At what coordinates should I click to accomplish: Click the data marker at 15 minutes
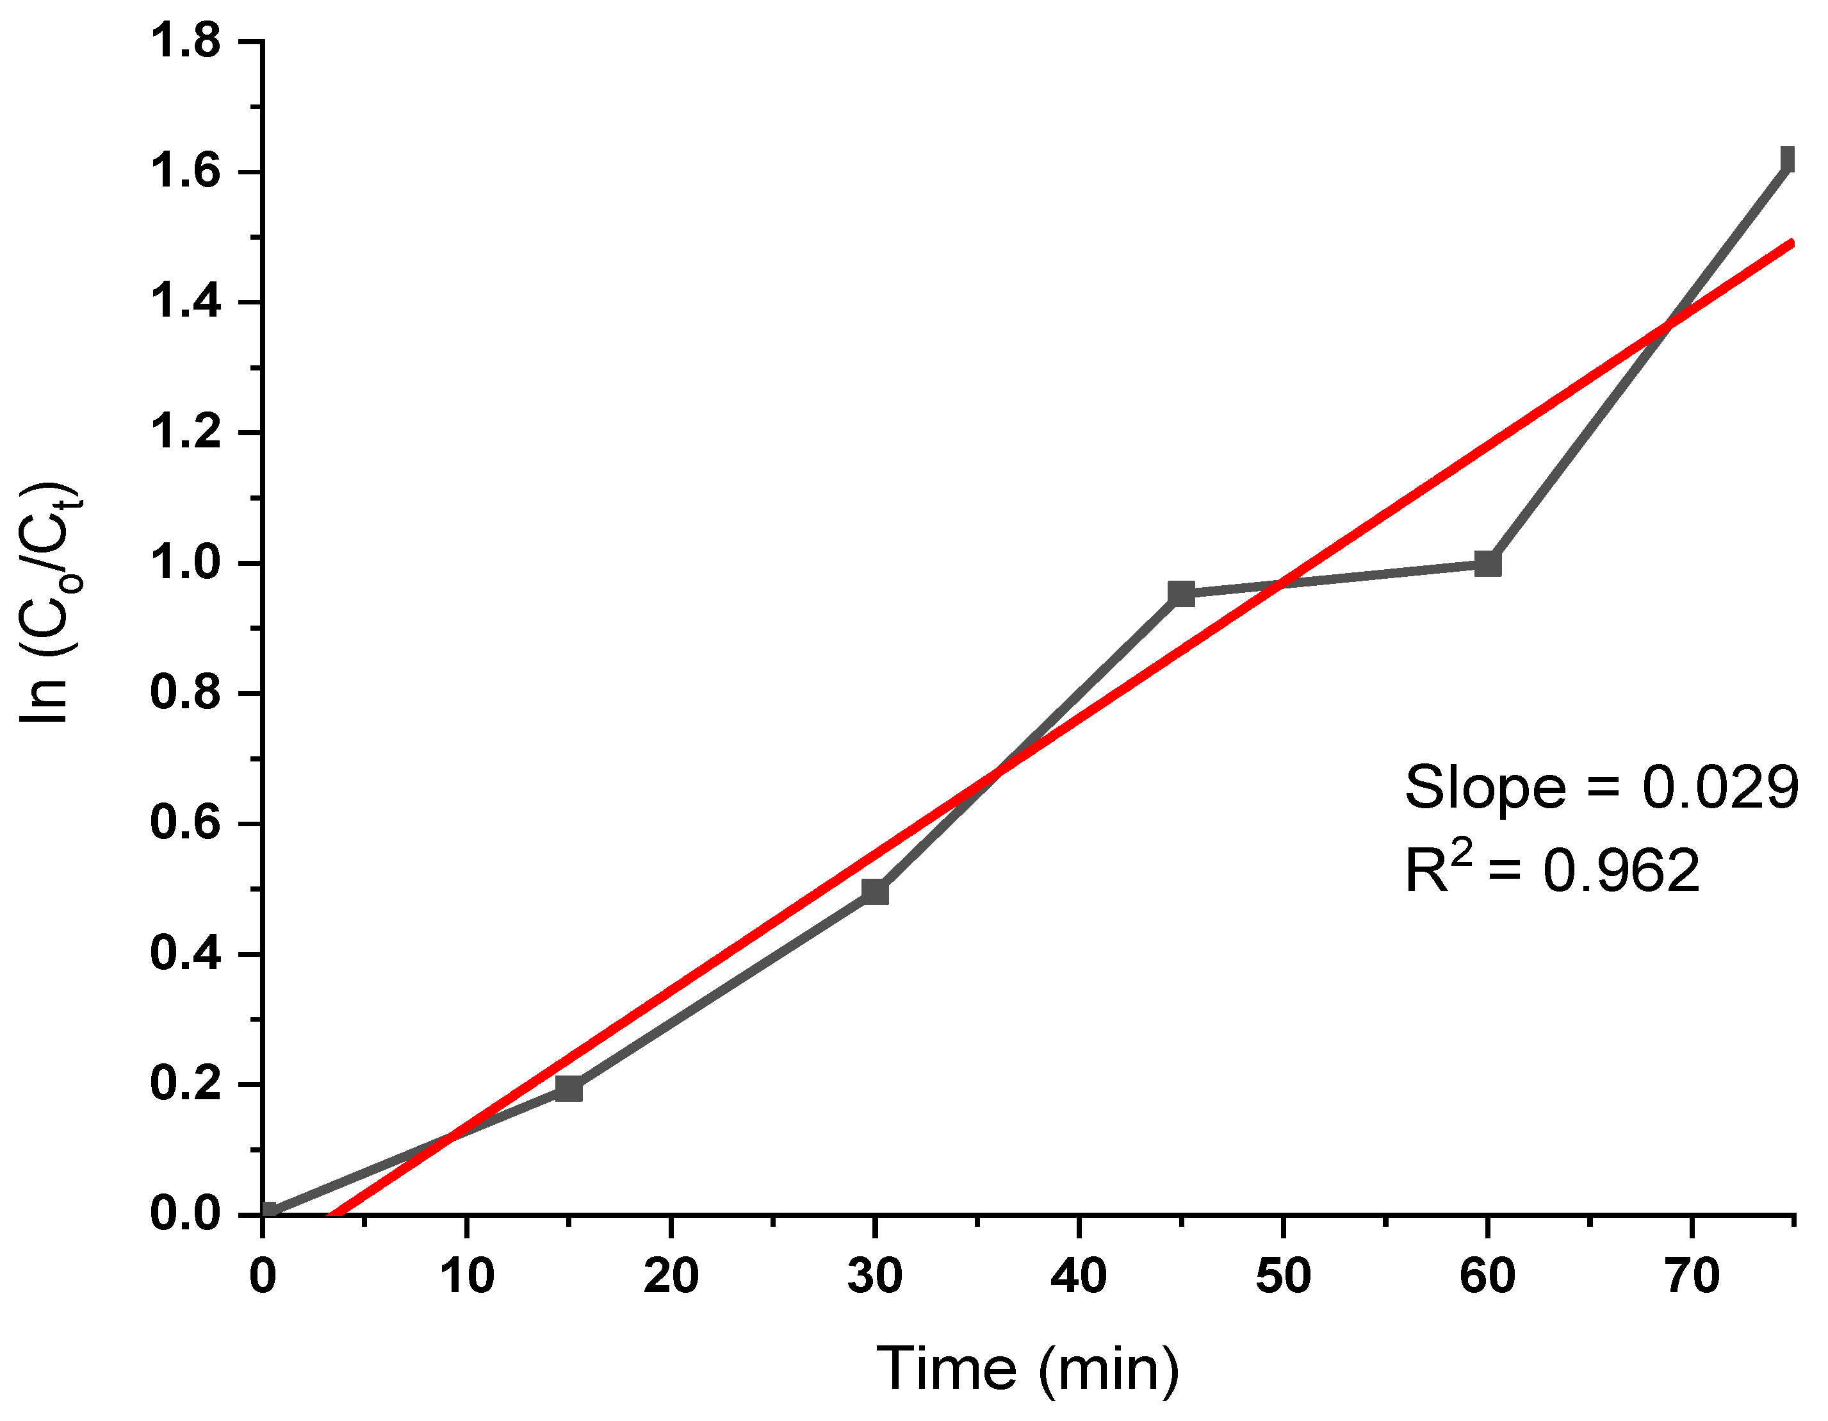tap(568, 1088)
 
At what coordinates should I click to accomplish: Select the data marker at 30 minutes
tap(875, 892)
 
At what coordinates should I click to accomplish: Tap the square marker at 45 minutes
tap(1181, 594)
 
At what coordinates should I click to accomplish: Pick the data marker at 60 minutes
tap(1487, 563)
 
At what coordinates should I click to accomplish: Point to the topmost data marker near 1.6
tap(1788, 158)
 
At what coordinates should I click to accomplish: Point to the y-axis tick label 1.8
tap(185, 41)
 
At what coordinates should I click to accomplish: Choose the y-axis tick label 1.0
tap(185, 563)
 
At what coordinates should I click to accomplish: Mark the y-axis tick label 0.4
tap(185, 954)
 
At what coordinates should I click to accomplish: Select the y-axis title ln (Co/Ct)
tap(52, 603)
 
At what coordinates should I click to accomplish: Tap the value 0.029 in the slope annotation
tap(1719, 787)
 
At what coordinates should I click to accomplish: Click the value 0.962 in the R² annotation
tap(1621, 870)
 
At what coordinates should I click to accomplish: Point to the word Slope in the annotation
tap(1484, 787)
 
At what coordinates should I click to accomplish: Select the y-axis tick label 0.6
tap(185, 823)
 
